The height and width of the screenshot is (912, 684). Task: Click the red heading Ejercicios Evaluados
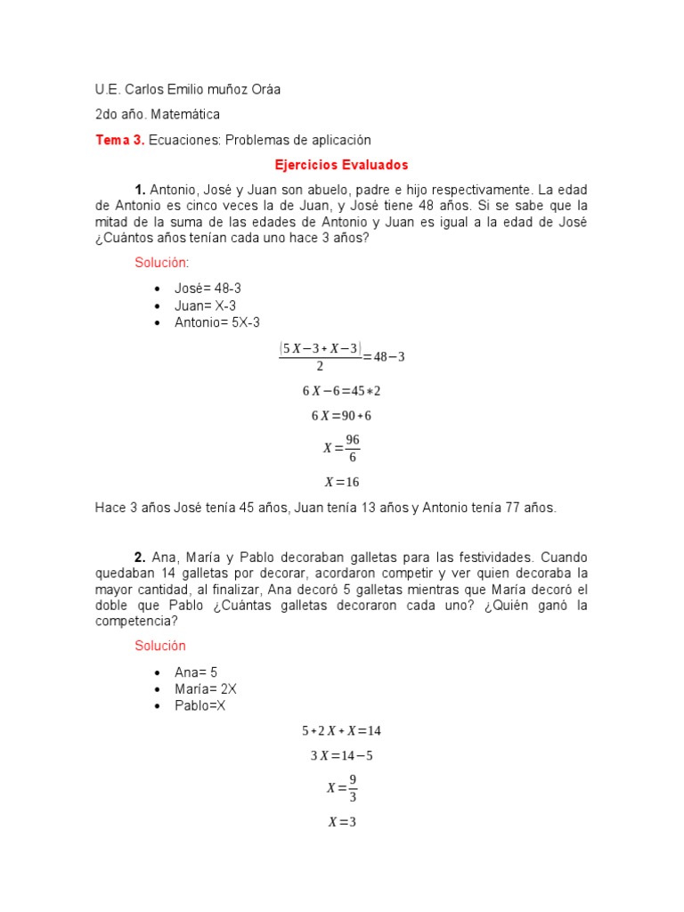341,165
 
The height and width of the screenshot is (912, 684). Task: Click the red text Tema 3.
119,140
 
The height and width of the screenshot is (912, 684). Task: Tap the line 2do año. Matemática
158,115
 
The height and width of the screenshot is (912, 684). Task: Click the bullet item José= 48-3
208,289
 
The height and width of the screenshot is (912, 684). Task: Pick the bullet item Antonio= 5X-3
217,322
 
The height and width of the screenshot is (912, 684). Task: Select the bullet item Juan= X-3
205,305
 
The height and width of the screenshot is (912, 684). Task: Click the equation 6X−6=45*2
341,390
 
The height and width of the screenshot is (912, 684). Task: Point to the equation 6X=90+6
341,416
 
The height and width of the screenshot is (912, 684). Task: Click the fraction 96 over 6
352,449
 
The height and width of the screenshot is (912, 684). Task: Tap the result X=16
341,482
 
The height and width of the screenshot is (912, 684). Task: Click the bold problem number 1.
140,190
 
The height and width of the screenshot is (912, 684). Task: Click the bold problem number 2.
140,557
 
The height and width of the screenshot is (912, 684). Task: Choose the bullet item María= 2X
206,689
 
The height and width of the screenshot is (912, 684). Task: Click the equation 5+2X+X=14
341,730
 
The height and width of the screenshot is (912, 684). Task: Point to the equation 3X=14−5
341,756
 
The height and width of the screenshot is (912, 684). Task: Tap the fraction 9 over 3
352,788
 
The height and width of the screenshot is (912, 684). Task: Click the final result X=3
341,822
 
